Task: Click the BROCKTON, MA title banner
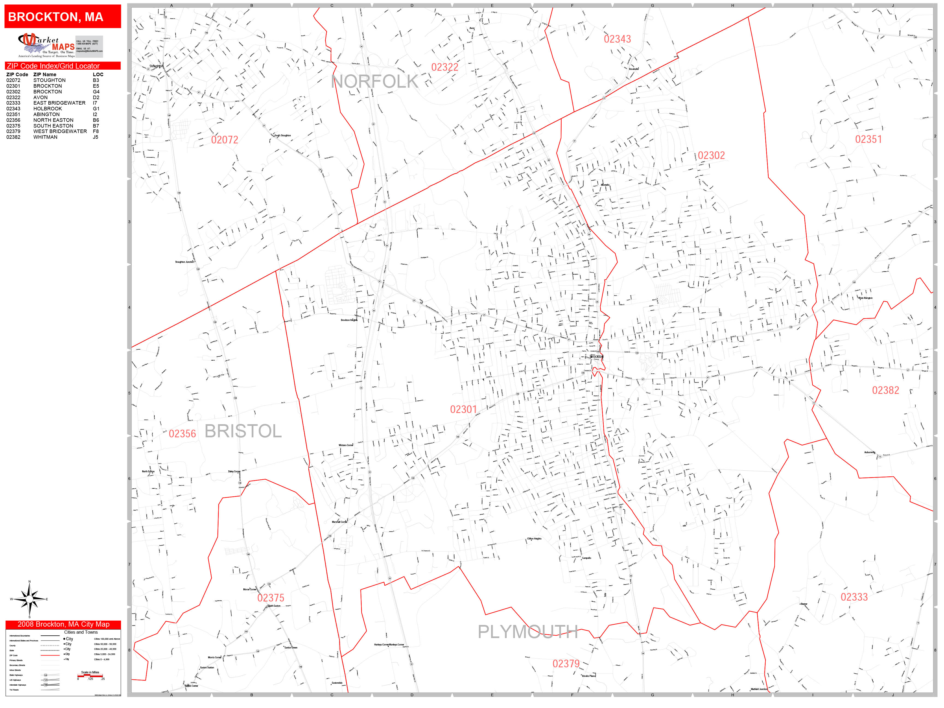click(63, 17)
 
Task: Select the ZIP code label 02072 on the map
click(225, 140)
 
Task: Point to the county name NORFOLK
click(375, 81)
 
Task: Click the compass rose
click(29, 599)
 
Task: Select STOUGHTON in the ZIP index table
click(49, 80)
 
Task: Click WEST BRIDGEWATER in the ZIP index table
click(60, 131)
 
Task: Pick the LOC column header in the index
click(98, 74)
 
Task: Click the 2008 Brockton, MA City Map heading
click(63, 624)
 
